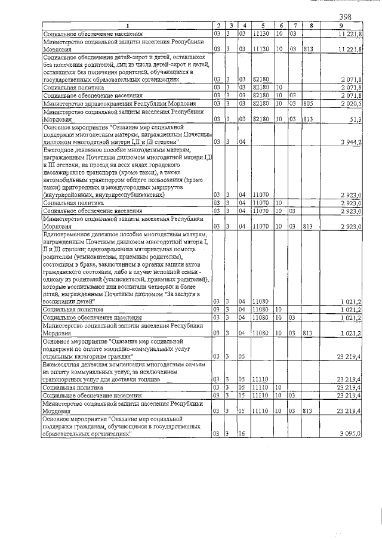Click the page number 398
point(345,17)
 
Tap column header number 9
point(341,26)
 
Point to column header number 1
point(127,26)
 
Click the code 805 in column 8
point(309,103)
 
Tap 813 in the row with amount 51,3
point(309,119)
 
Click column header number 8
point(310,26)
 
